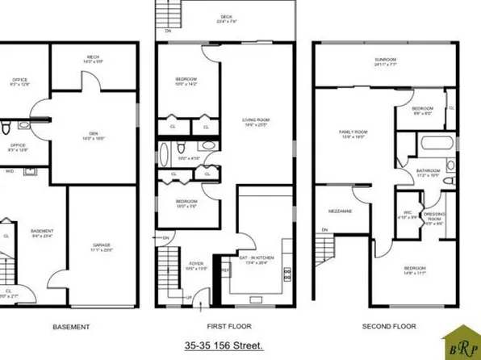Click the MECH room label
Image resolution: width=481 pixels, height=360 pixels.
pos(93,57)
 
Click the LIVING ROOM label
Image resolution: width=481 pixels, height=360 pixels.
pos(257,121)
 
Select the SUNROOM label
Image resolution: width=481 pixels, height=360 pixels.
pos(385,59)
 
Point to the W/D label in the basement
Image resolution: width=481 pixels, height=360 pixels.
pos(10,171)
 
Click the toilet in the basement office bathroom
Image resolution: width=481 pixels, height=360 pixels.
pos(6,128)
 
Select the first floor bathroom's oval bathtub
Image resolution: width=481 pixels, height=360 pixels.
pos(165,153)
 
